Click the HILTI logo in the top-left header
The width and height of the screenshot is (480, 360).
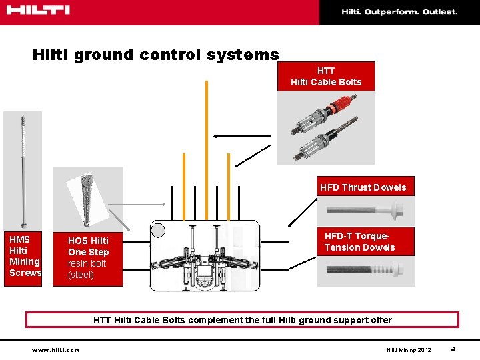39,10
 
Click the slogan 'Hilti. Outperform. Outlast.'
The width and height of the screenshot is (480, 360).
399,11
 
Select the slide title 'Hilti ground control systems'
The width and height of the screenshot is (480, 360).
155,54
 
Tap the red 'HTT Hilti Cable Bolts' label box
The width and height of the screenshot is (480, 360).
326,76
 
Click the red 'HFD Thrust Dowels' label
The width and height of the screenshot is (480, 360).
363,187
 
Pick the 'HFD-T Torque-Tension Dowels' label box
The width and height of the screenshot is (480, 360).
359,242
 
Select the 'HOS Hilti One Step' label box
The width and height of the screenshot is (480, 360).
89,257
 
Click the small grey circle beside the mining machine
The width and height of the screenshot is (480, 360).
158,231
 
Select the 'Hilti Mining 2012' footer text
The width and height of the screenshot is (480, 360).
409,350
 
